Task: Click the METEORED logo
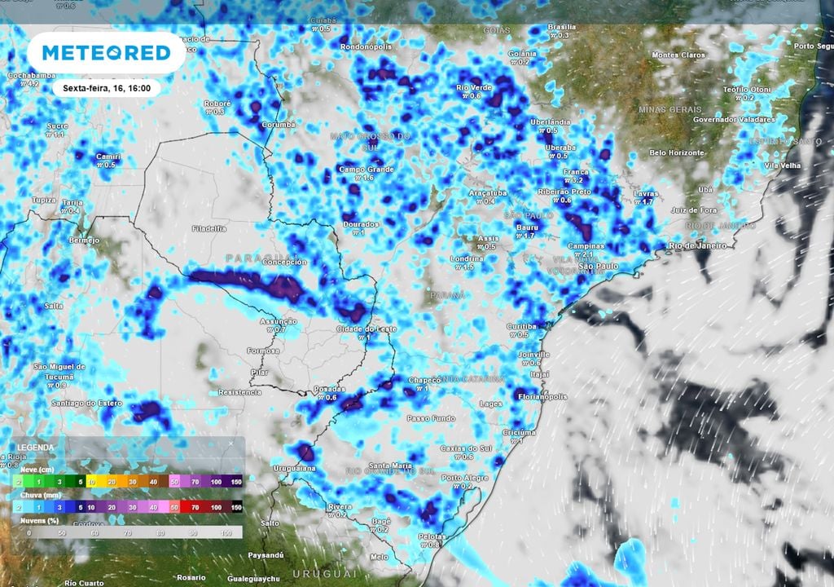[106, 53]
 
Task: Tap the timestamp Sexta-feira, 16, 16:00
[107, 88]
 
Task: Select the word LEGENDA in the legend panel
[36, 448]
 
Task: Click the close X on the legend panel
[230, 444]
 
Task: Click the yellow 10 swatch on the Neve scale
[91, 483]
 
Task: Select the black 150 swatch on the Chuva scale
[236, 507]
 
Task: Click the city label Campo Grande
[367, 170]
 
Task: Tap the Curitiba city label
[521, 326]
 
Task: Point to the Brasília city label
[561, 27]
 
